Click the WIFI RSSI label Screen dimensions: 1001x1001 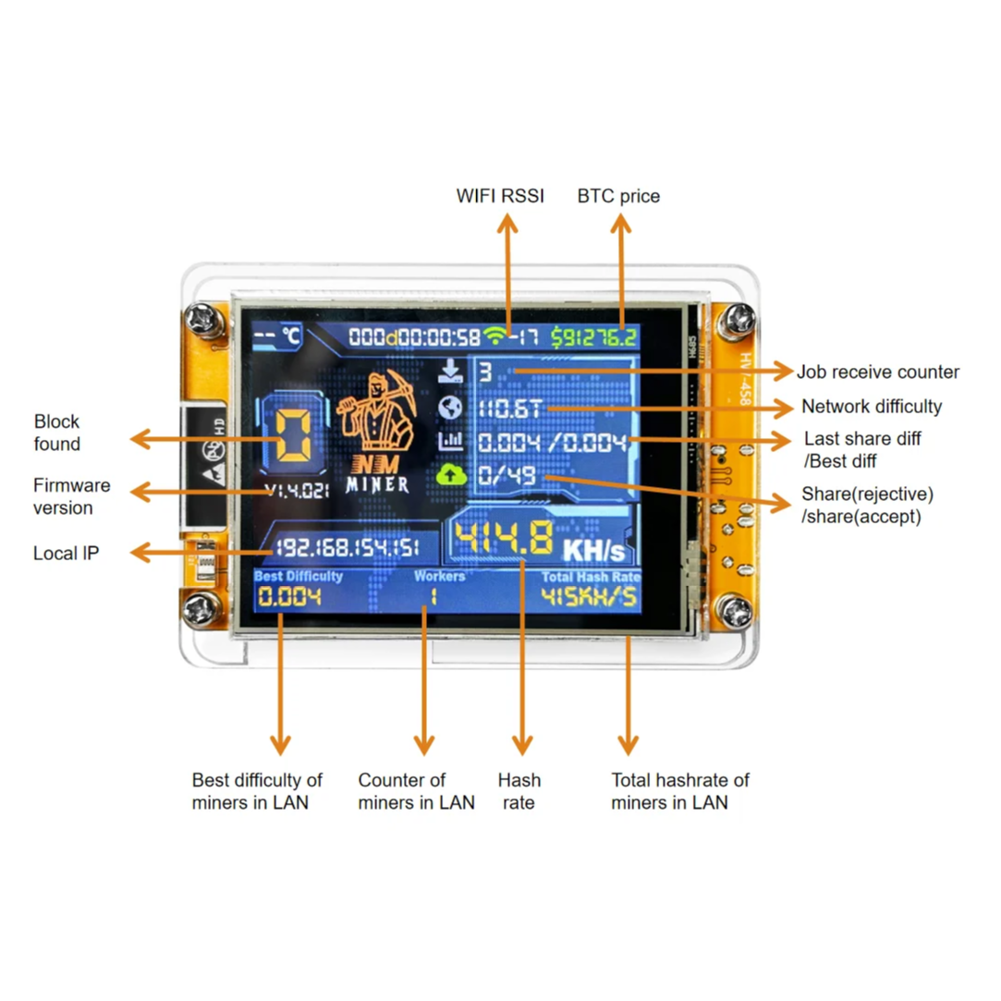click(x=500, y=196)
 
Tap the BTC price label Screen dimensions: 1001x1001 click(x=618, y=196)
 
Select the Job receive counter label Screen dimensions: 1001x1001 click(x=878, y=372)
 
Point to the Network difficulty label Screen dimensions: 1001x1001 click(x=872, y=407)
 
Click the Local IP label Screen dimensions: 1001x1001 click(x=67, y=554)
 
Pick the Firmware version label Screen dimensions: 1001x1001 click(x=71, y=496)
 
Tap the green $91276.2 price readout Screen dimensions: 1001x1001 click(x=595, y=336)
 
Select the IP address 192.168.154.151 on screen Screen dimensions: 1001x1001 click(x=348, y=548)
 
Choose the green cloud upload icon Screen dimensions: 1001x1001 click(x=450, y=475)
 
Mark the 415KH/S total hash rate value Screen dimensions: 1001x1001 click(x=589, y=596)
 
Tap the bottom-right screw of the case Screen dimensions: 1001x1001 click(x=736, y=609)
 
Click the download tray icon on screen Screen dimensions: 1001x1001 click(x=450, y=372)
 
